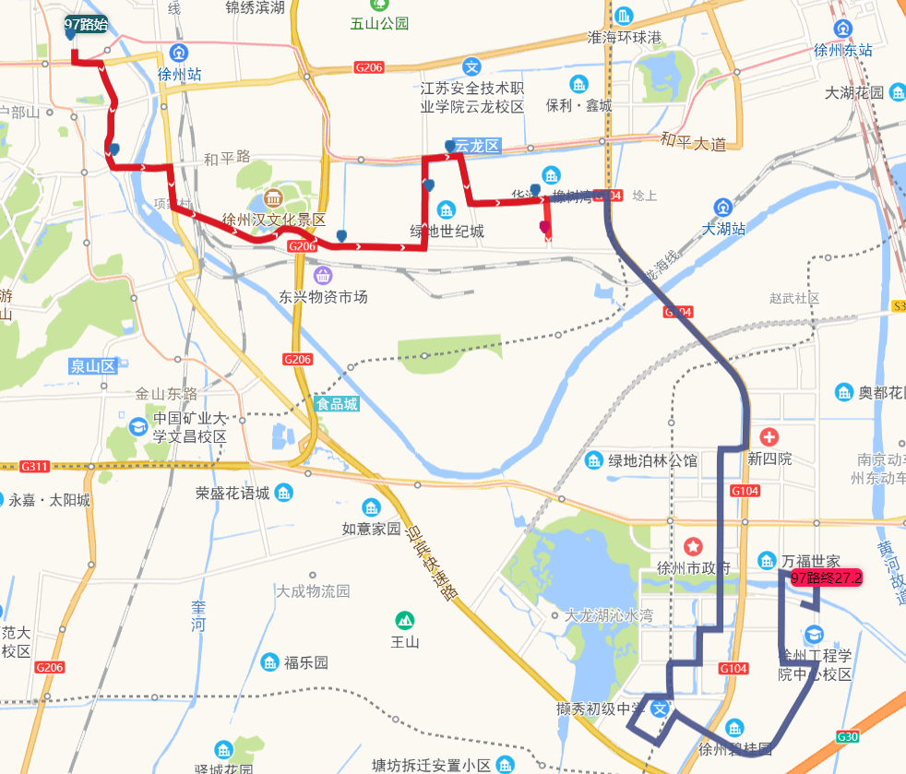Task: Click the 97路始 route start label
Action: tap(86, 25)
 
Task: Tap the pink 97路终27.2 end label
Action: tap(826, 578)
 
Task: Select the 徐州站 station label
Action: tap(179, 74)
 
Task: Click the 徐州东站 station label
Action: tap(843, 51)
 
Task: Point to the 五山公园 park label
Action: tap(379, 24)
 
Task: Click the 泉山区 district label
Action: tap(92, 366)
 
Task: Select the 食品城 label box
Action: tap(337, 404)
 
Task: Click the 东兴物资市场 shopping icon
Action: tap(323, 275)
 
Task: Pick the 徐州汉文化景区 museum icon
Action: tap(274, 198)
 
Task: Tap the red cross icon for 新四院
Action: tap(769, 435)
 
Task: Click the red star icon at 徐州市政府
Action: tap(693, 545)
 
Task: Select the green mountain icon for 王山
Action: tap(403, 620)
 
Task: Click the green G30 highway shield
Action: tap(847, 736)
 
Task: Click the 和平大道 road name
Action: tap(694, 142)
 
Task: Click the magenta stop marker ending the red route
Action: tap(544, 226)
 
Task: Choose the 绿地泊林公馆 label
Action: tap(652, 460)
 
